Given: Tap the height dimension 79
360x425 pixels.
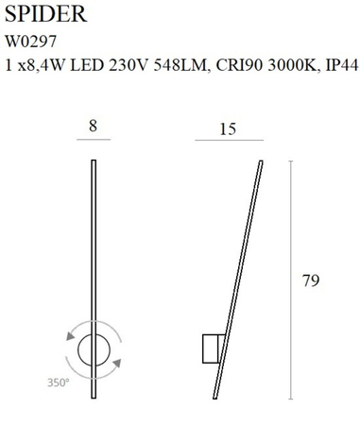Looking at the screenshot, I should [312, 280].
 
